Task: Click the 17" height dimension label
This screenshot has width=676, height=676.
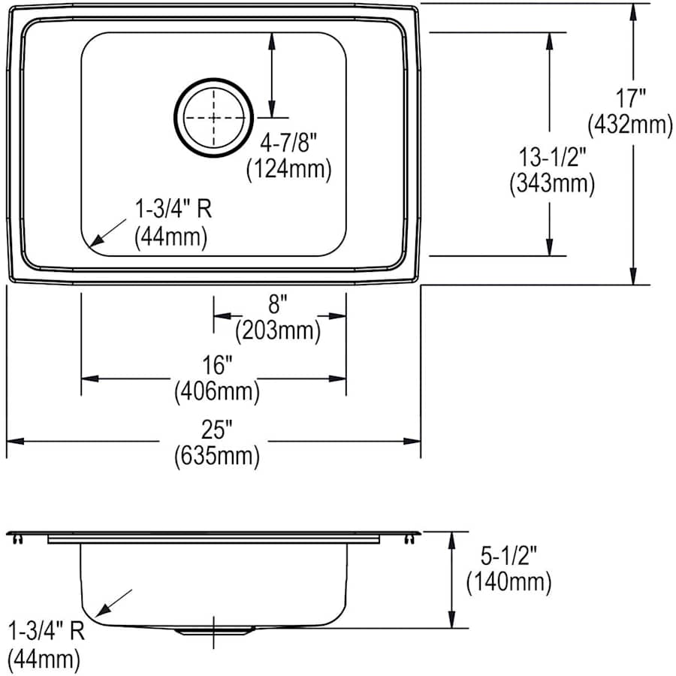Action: [x=630, y=98]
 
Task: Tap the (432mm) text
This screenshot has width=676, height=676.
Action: [x=630, y=125]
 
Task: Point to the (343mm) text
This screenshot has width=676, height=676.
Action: [x=552, y=184]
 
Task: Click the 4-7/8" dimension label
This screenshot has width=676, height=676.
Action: [x=288, y=142]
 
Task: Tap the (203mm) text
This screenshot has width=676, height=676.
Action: [x=278, y=331]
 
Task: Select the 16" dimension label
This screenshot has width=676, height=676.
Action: [x=217, y=365]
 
